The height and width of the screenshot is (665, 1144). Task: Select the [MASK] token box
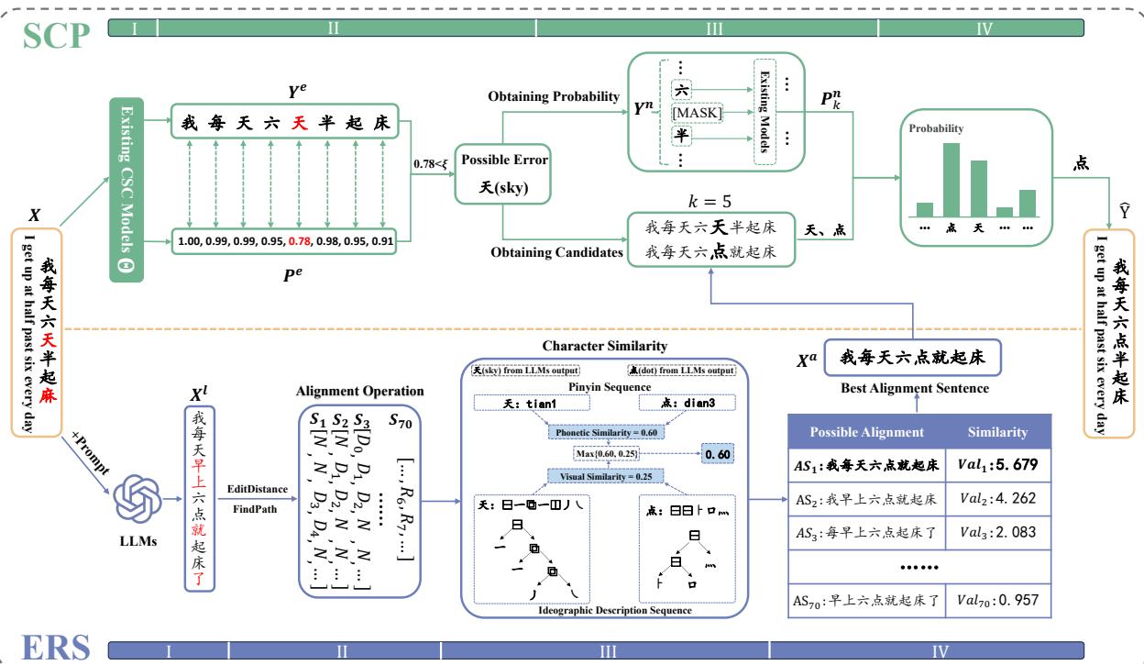pyautogui.click(x=698, y=112)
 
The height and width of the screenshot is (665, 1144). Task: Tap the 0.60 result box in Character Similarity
pyautogui.click(x=720, y=453)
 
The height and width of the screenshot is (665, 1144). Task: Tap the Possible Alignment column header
pyautogui.click(x=867, y=431)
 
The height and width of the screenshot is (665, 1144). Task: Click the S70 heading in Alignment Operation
pyautogui.click(x=401, y=421)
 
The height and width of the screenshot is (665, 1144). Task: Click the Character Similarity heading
pyautogui.click(x=605, y=346)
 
